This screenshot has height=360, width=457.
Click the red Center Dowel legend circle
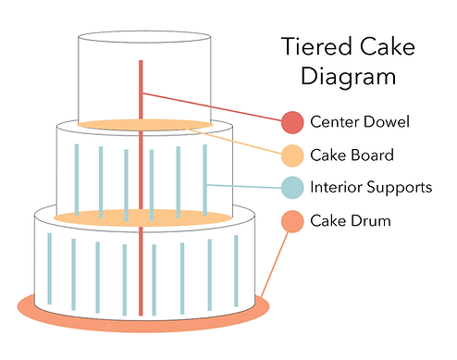pyautogui.click(x=292, y=121)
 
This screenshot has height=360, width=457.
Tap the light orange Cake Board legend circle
pyautogui.click(x=292, y=155)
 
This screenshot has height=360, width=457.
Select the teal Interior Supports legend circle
pyautogui.click(x=292, y=188)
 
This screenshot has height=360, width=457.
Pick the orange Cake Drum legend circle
pyautogui.click(x=292, y=221)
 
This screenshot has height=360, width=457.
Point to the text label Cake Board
pyautogui.click(x=352, y=155)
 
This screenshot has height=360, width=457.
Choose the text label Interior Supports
pyautogui.click(x=371, y=188)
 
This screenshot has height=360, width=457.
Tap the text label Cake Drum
pyautogui.click(x=351, y=221)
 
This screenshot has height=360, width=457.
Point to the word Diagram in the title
pyautogui.click(x=352, y=78)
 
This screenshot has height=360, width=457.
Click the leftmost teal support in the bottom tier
pyautogui.click(x=49, y=268)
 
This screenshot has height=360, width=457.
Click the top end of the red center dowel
pyautogui.click(x=141, y=63)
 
